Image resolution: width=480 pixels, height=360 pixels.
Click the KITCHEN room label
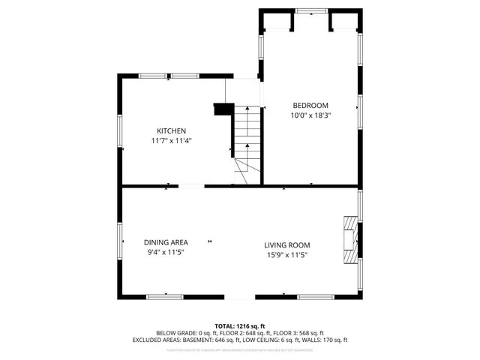pyautogui.click(x=171, y=130)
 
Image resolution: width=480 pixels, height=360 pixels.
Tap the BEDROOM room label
pyautogui.click(x=310, y=106)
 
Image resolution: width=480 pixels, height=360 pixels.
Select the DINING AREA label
pyautogui.click(x=166, y=242)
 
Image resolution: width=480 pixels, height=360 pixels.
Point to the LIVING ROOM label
pyautogui.click(x=286, y=245)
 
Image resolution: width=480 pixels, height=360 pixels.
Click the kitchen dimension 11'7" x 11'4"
pyautogui.click(x=171, y=140)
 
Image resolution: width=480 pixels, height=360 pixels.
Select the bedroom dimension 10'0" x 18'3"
pyautogui.click(x=310, y=115)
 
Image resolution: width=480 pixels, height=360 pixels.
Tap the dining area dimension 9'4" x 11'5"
pyautogui.click(x=166, y=252)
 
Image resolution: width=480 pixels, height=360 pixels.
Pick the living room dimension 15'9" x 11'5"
pyautogui.click(x=286, y=255)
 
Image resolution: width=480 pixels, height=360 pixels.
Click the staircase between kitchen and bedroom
pyautogui.click(x=246, y=139)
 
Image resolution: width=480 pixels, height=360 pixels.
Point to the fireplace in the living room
pyautogui.click(x=349, y=240)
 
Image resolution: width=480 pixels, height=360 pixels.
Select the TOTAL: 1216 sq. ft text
pyautogui.click(x=240, y=326)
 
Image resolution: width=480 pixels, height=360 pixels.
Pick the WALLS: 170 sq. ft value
pyautogui.click(x=328, y=340)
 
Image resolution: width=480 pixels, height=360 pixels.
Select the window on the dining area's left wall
pyautogui.click(x=120, y=241)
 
